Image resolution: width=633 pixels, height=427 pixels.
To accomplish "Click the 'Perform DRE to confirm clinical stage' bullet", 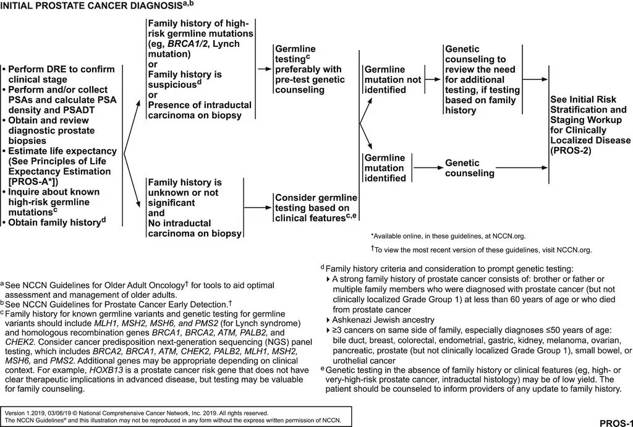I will coord(59,74).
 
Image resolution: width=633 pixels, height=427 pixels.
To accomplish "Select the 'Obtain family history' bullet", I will coord(56,222).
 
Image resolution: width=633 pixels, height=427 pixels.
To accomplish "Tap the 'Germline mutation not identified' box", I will coord(384,80).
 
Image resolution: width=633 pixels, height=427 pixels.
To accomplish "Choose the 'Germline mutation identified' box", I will coord(384,168).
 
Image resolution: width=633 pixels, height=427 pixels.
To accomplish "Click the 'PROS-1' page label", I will coord(615,422).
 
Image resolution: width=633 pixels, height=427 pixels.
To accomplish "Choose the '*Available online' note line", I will coord(448,235).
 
